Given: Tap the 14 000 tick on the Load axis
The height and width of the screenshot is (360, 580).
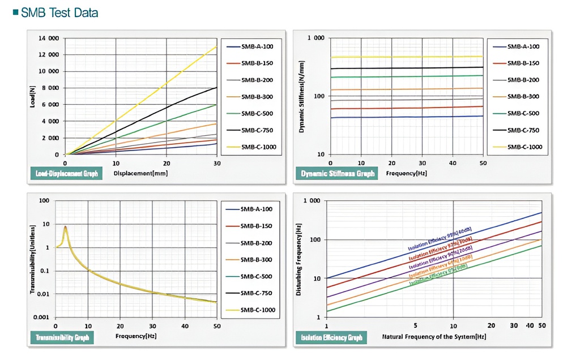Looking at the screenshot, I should click(49, 38).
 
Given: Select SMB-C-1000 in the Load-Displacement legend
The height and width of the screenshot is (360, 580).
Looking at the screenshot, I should click(257, 147).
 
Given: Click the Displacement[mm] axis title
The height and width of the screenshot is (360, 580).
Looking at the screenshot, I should click(141, 173).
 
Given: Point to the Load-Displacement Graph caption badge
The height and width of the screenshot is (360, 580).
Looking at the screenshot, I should click(66, 173).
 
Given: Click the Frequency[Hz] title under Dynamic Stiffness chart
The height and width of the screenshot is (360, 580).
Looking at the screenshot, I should click(406, 173).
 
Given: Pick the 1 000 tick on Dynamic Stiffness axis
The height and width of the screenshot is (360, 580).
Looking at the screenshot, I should click(315, 38).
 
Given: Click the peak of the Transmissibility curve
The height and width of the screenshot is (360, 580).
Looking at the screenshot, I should click(66, 227).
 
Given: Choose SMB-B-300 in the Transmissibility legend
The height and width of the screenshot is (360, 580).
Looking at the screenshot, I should click(257, 259).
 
